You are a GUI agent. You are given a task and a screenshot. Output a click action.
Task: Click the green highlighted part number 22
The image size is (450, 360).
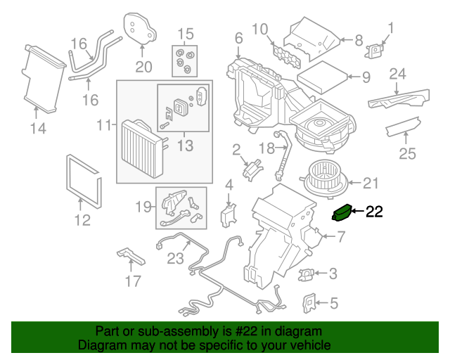(x=342, y=212)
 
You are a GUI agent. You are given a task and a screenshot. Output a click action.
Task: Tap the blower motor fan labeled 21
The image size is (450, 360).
(x=325, y=179)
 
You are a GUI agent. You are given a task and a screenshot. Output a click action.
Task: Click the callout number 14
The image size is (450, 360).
(x=38, y=128)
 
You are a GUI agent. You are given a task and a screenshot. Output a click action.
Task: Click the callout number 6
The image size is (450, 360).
(x=238, y=38)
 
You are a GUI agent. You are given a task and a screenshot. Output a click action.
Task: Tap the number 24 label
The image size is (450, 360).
(x=398, y=73)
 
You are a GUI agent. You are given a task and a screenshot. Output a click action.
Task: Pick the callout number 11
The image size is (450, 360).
(x=104, y=125)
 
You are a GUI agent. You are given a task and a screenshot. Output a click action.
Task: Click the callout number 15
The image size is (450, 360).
(x=185, y=33)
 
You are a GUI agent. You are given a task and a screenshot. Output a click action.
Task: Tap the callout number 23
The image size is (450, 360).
(x=176, y=258)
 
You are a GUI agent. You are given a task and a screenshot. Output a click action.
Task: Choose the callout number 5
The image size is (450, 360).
(x=333, y=304)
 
